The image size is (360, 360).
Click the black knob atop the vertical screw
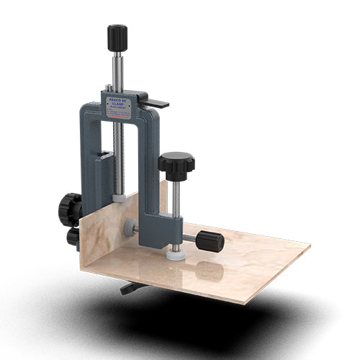(117, 37)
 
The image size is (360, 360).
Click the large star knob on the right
(176, 165)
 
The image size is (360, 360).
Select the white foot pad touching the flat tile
(176, 255)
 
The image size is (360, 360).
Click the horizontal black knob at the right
(210, 241)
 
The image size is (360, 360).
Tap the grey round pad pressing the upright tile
(130, 228)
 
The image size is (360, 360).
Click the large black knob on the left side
(70, 209)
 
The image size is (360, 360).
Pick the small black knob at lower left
(73, 237)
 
